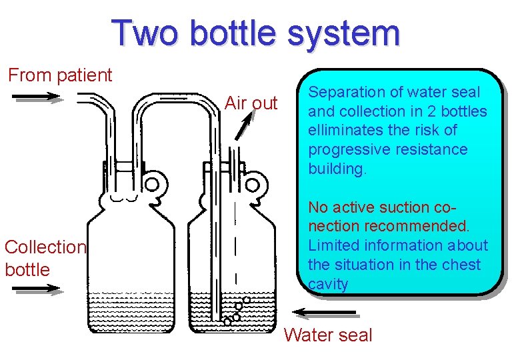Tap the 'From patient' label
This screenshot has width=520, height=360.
point(60,75)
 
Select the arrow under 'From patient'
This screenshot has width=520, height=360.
point(37,97)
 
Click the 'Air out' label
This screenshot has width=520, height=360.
point(251,103)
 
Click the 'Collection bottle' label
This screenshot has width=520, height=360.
point(45,258)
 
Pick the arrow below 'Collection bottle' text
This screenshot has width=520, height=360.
point(37,289)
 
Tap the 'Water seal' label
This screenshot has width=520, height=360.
point(328,335)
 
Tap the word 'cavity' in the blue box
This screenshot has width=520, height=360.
point(328,284)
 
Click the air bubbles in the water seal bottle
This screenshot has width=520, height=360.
point(237,310)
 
